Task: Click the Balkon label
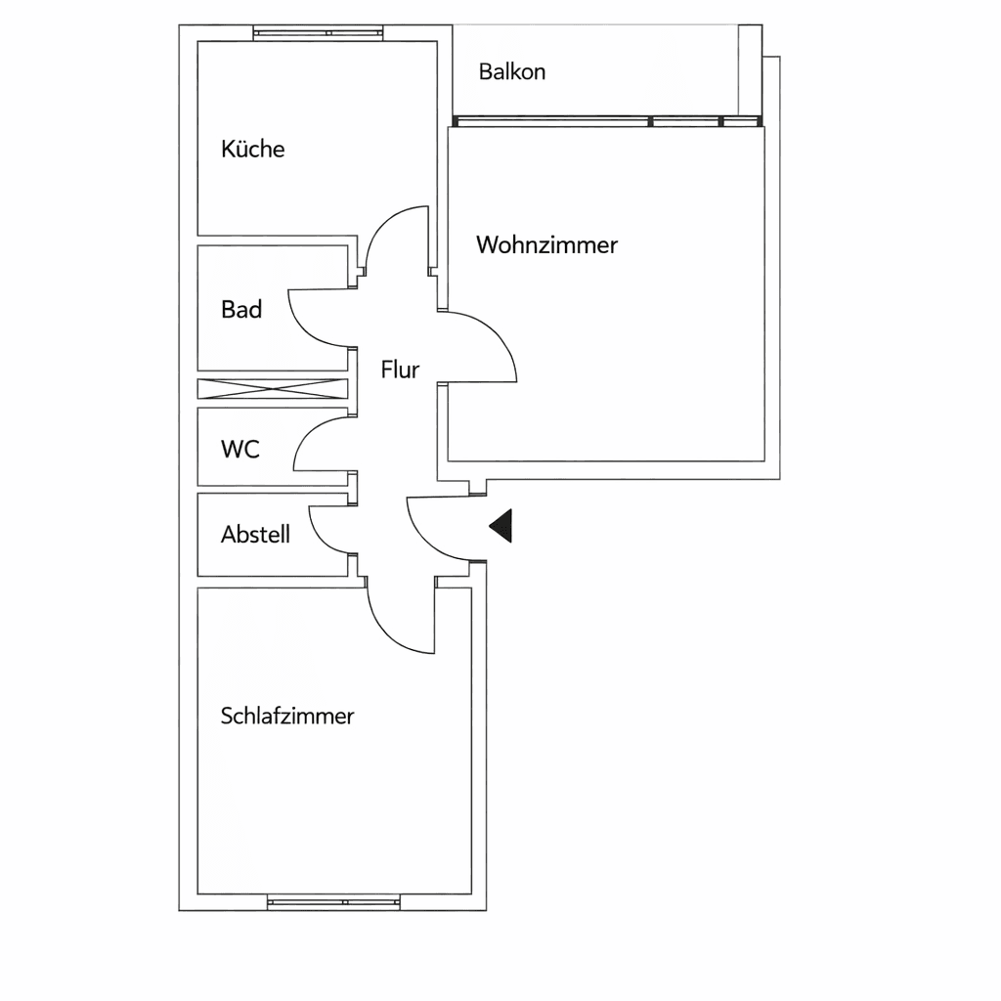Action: point(511,71)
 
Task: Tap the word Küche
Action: point(252,149)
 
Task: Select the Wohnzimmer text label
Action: point(546,244)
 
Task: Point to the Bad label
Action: point(241,310)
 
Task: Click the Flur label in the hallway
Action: point(400,370)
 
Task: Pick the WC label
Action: point(240,450)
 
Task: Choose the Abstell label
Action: point(255,535)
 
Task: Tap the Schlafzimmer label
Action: point(287,716)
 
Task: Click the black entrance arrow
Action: point(501,527)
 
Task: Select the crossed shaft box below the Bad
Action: point(273,388)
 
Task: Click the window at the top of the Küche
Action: point(316,32)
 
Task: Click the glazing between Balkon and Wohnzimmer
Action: point(606,122)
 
